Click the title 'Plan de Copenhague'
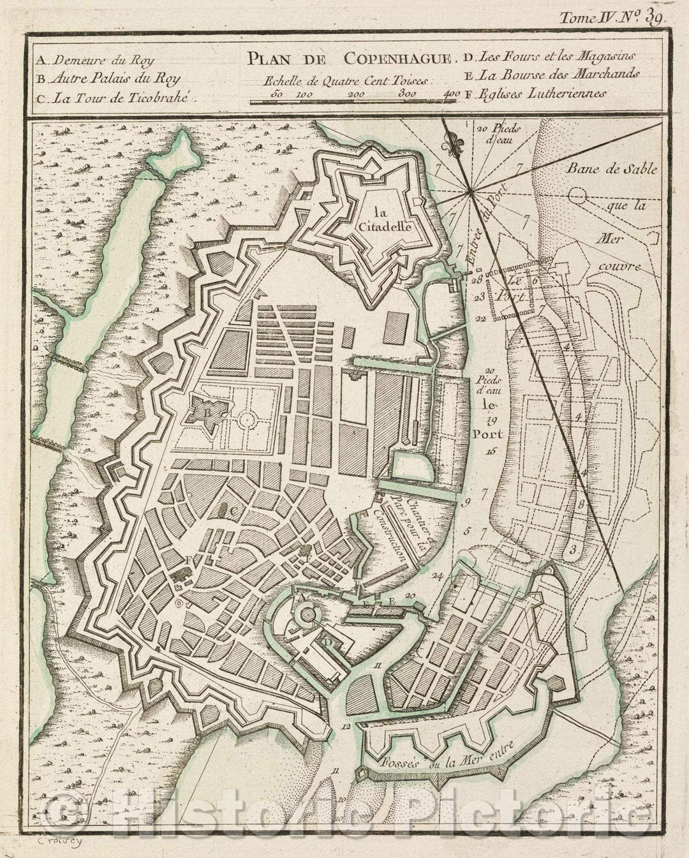click(348, 59)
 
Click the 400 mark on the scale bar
click(451, 94)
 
